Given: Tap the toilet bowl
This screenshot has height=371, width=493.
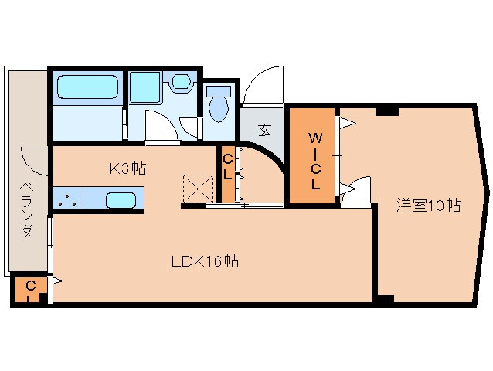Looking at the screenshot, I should pyautogui.click(x=219, y=107).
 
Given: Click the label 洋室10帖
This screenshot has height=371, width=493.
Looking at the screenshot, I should pyautogui.click(x=429, y=205).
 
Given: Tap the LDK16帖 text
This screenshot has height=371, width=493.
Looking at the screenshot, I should pyautogui.click(x=204, y=261).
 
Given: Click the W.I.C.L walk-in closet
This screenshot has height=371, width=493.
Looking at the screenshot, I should pyautogui.click(x=314, y=161).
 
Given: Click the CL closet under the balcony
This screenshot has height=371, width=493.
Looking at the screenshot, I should pyautogui.click(x=30, y=290).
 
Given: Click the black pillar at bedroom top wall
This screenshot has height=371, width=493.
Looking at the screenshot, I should pyautogui.click(x=386, y=111).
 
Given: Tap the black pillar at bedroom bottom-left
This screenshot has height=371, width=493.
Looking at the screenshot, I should pyautogui.click(x=386, y=298).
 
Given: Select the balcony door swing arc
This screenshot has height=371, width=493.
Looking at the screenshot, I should pyautogui.click(x=35, y=160).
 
